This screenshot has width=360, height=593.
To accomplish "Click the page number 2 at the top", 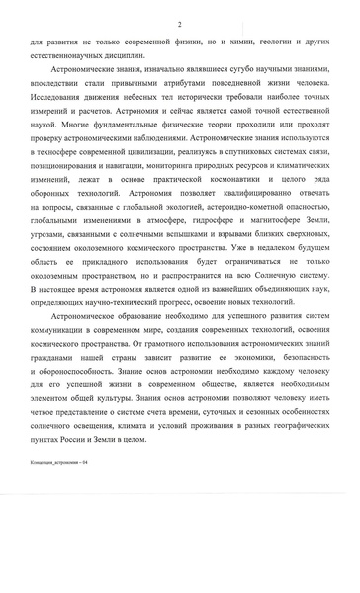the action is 179,24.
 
